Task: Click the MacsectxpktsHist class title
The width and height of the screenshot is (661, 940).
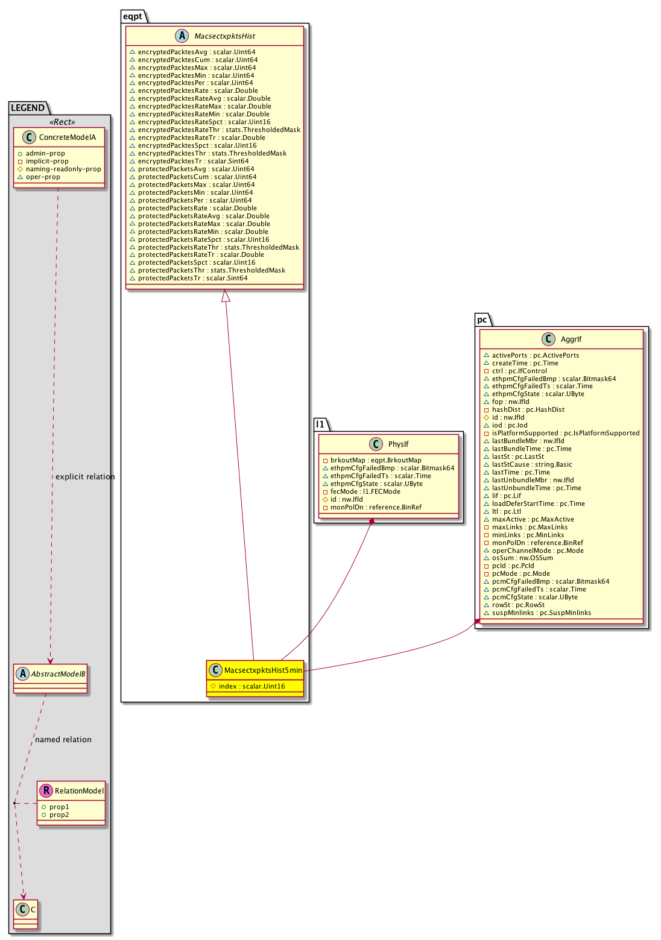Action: (x=224, y=36)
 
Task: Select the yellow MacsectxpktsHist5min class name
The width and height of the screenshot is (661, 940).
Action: (x=263, y=670)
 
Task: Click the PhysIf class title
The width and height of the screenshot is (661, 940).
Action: (x=398, y=444)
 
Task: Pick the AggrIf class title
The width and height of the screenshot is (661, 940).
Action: (x=571, y=339)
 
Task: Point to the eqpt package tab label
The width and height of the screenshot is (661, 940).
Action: (x=133, y=16)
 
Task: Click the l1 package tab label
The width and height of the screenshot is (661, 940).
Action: (x=320, y=424)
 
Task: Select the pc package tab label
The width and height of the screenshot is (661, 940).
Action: (x=482, y=320)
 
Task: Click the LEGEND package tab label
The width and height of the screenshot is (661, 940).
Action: (x=28, y=108)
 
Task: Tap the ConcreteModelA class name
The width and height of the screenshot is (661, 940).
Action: (x=68, y=137)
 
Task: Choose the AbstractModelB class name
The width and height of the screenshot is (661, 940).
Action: (x=58, y=674)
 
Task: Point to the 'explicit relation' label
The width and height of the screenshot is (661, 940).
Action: (x=85, y=477)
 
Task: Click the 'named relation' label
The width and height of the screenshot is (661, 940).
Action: (x=63, y=740)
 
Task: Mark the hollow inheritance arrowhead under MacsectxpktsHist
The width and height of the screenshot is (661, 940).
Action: (x=226, y=295)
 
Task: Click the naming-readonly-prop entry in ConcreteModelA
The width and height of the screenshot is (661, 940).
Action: (x=63, y=169)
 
